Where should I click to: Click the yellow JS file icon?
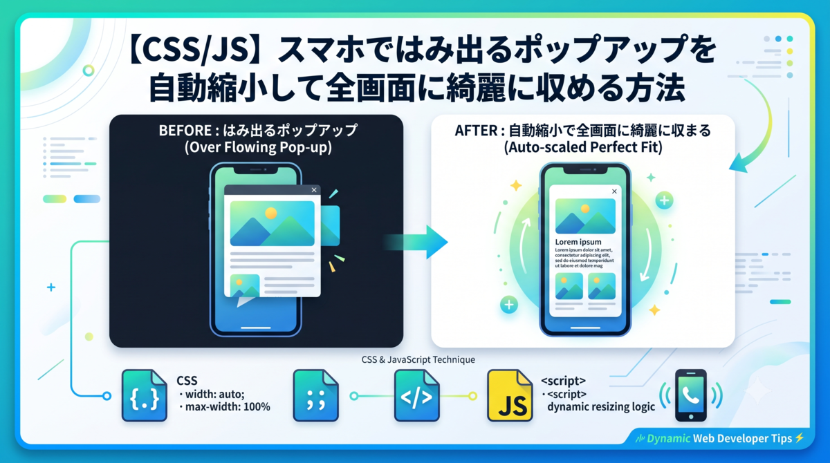coord(510,396)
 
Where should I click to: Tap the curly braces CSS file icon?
coord(145,396)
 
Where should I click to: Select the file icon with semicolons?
coord(315,396)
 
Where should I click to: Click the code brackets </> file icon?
coord(417,396)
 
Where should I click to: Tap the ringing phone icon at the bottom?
coord(691,396)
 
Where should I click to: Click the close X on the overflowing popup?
coord(314,190)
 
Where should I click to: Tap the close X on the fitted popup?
coord(614,191)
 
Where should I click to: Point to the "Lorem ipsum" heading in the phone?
coord(578,242)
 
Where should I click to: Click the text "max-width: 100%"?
coord(228,407)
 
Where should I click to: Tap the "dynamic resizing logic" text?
coord(601,407)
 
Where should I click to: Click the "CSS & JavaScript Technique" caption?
coord(418,360)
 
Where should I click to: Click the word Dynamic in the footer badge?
coord(668,439)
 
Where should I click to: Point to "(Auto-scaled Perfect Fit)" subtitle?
coord(583,147)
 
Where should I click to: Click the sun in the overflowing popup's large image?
coord(271,213)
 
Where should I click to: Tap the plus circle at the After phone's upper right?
coord(664,200)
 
